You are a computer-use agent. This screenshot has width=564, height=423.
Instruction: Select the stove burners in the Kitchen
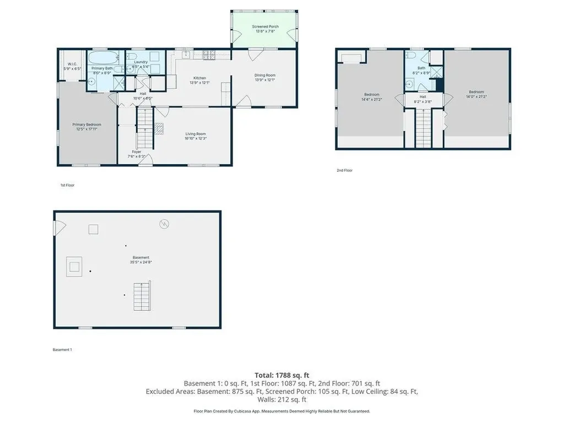click(x=209, y=54)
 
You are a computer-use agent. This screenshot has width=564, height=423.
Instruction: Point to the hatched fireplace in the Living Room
click(x=159, y=128)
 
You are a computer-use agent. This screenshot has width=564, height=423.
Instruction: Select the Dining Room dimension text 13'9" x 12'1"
click(x=264, y=80)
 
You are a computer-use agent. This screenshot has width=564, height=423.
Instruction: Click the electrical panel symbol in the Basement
click(x=164, y=224)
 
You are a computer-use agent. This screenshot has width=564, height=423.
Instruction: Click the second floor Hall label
click(x=423, y=96)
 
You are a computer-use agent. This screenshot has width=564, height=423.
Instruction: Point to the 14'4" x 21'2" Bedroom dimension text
click(x=372, y=99)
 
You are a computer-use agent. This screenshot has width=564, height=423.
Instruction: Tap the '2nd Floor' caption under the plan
click(x=344, y=171)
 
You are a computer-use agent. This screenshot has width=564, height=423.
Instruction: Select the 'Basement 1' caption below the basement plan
click(x=62, y=350)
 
